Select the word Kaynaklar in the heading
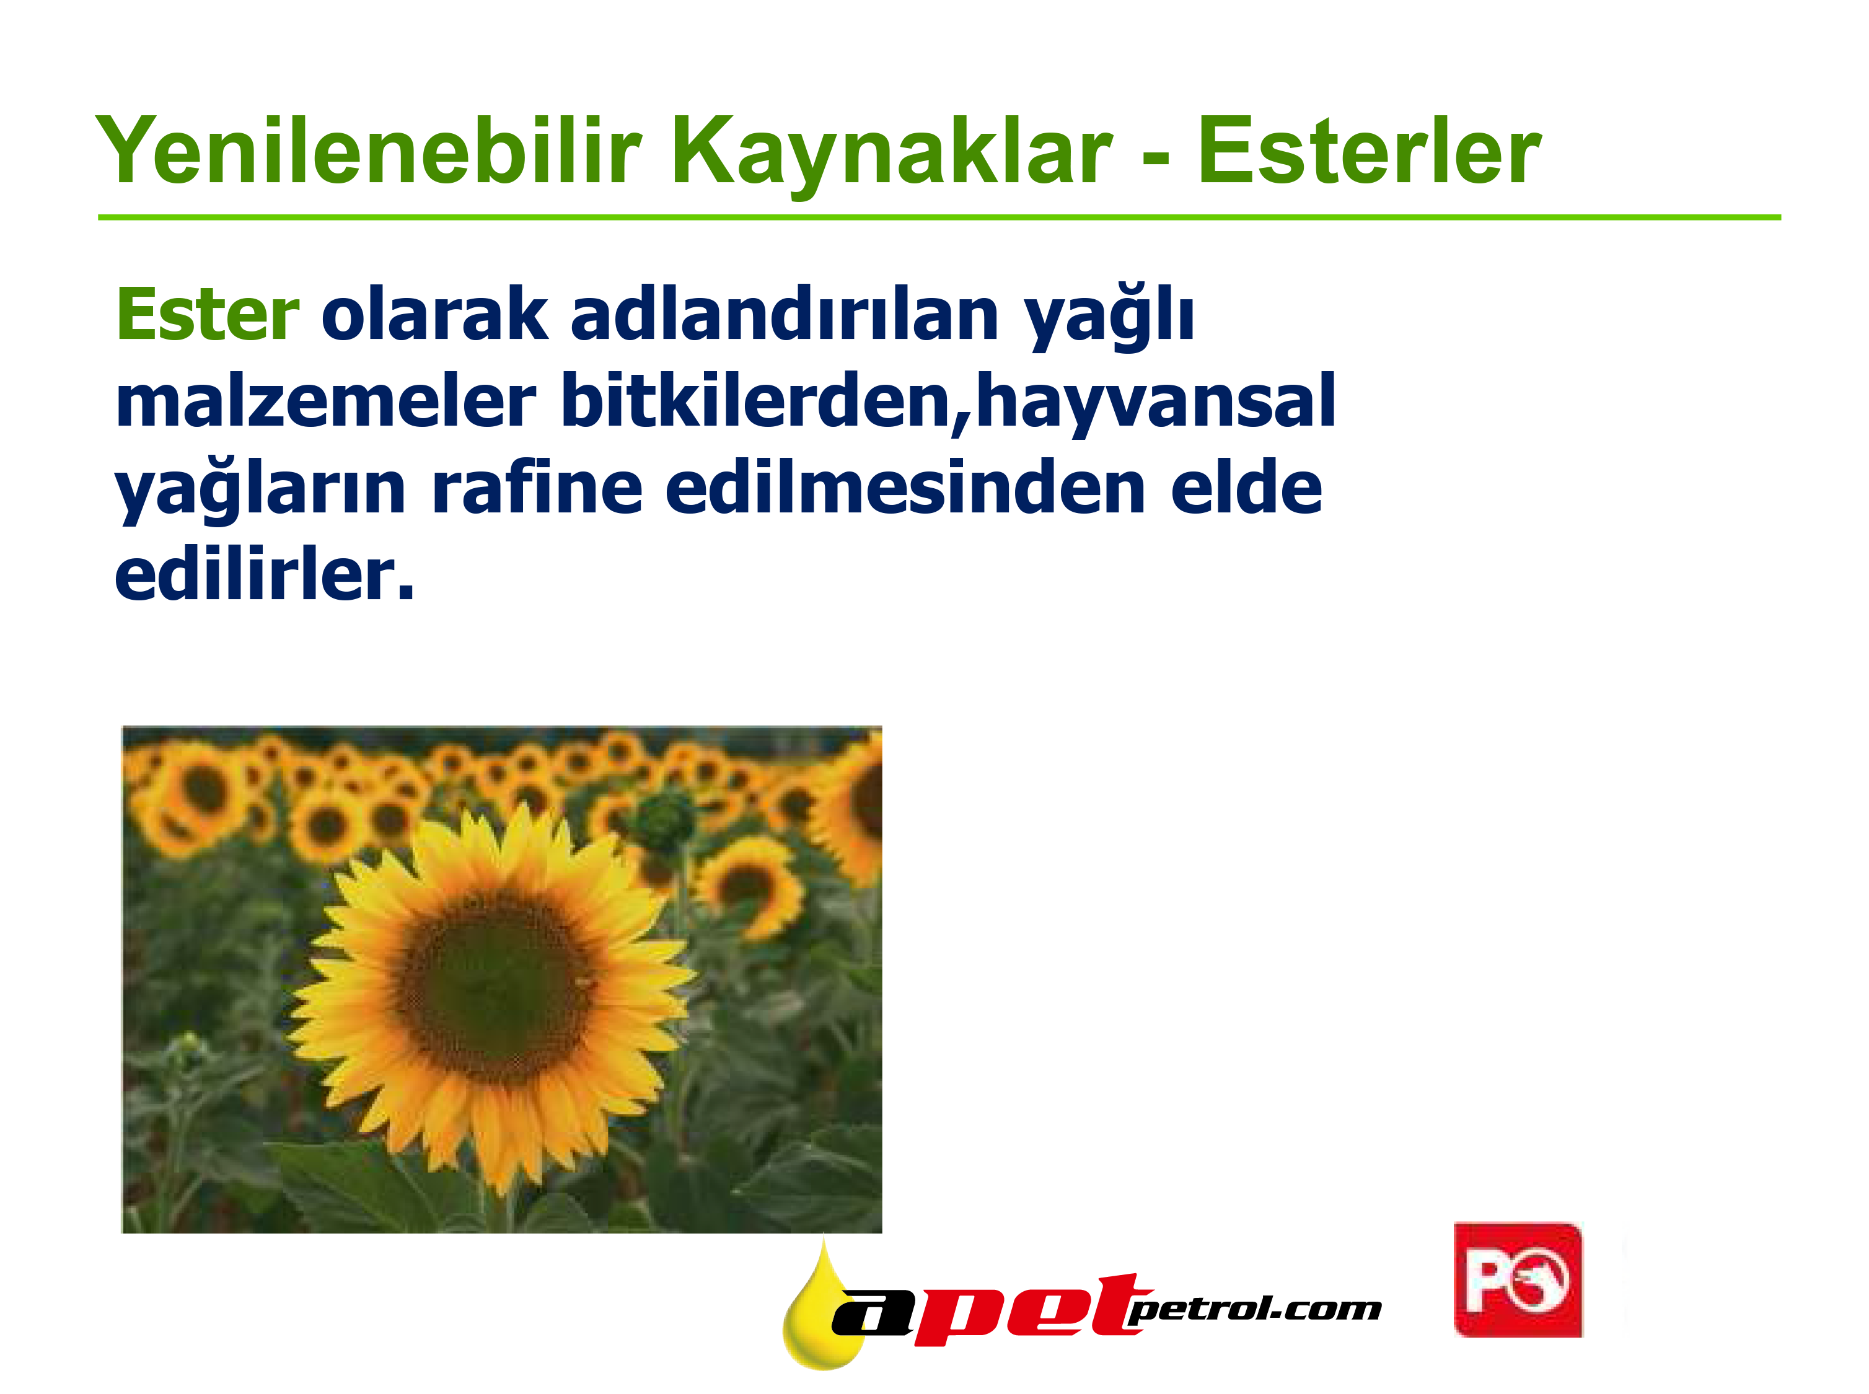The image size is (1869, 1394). click(892, 157)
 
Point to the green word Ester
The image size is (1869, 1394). click(208, 314)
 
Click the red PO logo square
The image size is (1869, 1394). click(1517, 1279)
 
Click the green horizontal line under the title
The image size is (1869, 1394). click(939, 217)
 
